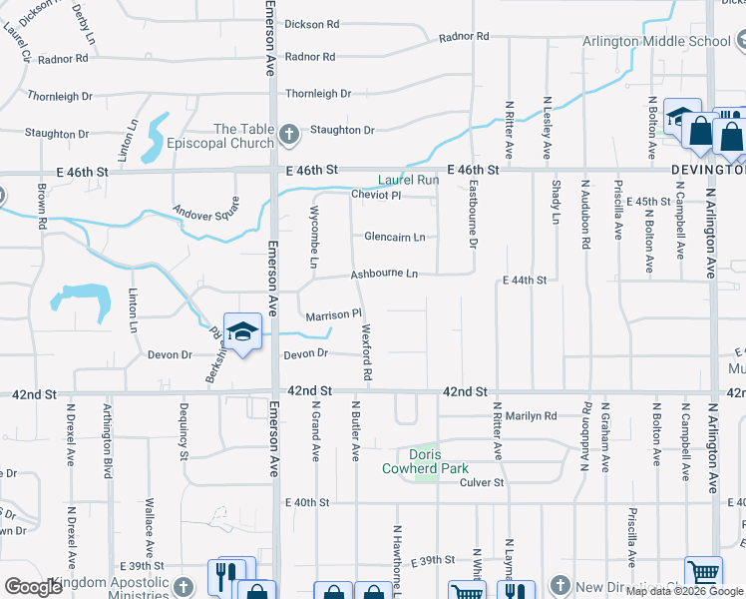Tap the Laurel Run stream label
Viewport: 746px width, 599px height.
(x=408, y=181)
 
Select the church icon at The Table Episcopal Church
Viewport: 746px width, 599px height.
(x=289, y=134)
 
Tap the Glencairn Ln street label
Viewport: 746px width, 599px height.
(x=395, y=238)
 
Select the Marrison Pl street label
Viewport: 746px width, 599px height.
(x=332, y=315)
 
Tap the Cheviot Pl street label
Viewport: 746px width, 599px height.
(x=375, y=195)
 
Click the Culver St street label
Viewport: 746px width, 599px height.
(x=482, y=483)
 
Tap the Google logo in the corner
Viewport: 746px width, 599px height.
(x=33, y=587)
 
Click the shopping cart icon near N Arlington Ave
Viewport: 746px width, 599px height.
(x=703, y=574)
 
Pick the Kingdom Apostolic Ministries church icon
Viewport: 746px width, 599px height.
(x=183, y=585)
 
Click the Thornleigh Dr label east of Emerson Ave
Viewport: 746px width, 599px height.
(x=318, y=94)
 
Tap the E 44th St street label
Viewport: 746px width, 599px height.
(x=525, y=281)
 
